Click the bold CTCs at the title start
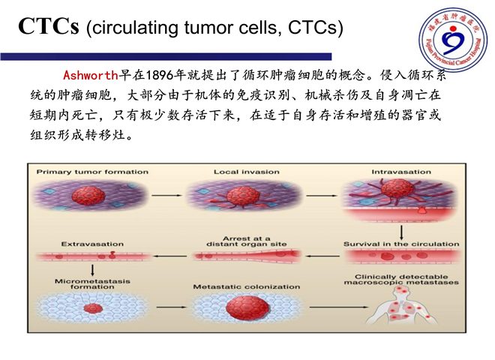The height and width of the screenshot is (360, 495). [x=49, y=26]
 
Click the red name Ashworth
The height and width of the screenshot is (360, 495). [x=91, y=75]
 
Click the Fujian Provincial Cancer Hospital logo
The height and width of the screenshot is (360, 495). [x=453, y=39]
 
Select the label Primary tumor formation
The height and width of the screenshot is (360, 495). [x=92, y=172]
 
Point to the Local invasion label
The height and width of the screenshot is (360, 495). [x=247, y=172]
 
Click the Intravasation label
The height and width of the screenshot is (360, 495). [x=401, y=172]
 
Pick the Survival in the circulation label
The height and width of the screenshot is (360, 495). [x=401, y=244]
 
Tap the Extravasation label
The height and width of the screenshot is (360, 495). [x=92, y=244]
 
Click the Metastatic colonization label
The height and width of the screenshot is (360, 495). [x=247, y=286]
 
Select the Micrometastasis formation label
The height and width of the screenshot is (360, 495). [x=92, y=284]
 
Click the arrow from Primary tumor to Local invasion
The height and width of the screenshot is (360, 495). [x=166, y=196]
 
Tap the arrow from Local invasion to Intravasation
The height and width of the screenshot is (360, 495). [x=321, y=196]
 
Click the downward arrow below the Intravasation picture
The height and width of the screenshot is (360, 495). [x=401, y=232]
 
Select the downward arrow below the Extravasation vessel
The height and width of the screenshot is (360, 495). [x=92, y=270]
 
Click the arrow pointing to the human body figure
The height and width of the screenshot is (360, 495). [x=339, y=307]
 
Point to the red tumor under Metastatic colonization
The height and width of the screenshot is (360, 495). [x=247, y=307]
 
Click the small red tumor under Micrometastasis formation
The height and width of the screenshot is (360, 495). [x=93, y=308]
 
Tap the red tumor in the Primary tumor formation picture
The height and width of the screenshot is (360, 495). [x=88, y=195]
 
